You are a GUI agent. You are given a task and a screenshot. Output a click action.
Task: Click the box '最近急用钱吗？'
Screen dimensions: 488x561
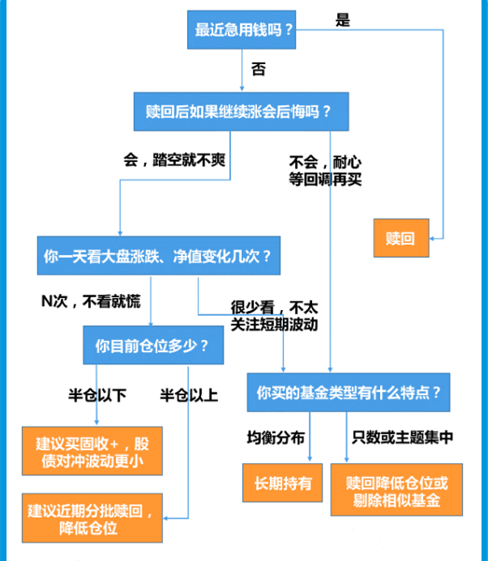coord(242,30)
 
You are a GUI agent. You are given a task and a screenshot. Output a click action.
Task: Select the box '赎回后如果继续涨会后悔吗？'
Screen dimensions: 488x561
coord(241,112)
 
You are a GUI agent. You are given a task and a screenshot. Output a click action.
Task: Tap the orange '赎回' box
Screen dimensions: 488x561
coord(401,238)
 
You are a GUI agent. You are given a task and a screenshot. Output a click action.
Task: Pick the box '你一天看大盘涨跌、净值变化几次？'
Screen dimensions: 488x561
coord(159,256)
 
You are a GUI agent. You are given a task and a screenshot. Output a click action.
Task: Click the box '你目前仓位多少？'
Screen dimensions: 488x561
coord(153,345)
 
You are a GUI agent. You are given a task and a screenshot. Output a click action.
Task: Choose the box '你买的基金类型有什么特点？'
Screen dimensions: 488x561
coord(349,392)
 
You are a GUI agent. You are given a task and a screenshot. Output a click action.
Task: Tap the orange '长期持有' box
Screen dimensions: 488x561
coord(282,482)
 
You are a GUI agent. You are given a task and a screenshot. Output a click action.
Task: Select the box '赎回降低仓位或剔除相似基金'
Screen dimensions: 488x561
coord(396,490)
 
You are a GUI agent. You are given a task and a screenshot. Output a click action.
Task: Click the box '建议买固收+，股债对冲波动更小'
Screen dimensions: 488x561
coord(92,451)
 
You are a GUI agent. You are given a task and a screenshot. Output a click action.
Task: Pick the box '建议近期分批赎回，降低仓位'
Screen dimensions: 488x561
coord(92,518)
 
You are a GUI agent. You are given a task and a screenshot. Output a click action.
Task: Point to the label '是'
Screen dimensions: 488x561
coord(343,19)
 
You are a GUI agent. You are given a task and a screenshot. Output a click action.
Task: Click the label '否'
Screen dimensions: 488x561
coord(259,69)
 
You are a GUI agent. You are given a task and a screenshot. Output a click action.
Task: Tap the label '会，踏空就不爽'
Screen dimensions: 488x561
coord(174,159)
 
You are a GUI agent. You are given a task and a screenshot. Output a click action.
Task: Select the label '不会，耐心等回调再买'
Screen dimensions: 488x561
coord(325,171)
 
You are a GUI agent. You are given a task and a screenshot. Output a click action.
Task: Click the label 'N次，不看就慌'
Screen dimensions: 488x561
coord(91,301)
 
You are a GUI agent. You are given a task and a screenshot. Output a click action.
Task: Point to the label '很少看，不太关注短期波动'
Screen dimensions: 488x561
coord(274,316)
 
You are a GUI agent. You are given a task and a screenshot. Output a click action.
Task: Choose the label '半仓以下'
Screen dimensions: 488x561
coord(97,395)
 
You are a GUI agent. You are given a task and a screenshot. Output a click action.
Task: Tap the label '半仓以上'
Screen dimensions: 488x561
coord(189,395)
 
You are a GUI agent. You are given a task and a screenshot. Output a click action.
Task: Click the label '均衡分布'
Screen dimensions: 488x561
coord(276,438)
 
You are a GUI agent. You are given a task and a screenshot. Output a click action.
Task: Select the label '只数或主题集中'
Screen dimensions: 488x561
coord(402,437)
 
